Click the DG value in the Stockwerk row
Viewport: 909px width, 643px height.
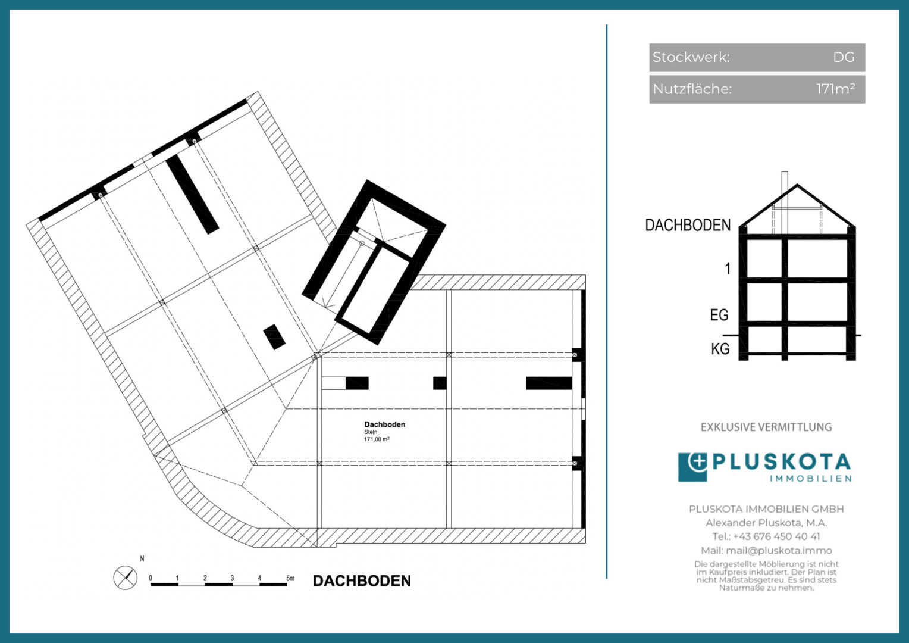844,57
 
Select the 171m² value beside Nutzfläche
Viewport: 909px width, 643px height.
836,89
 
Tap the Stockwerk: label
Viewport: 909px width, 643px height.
691,57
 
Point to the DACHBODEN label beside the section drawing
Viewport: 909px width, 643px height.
688,225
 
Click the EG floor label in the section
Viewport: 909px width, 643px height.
719,315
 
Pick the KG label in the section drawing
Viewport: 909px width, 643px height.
720,348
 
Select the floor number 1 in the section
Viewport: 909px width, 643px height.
728,269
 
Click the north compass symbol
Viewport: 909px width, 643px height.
126,577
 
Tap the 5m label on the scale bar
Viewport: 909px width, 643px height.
290,578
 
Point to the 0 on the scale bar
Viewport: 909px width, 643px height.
151,578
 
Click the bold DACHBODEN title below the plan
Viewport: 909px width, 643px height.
362,581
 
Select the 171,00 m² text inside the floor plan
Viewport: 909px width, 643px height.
377,439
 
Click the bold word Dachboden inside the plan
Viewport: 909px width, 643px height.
385,424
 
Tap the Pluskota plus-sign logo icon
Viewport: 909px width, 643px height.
692,467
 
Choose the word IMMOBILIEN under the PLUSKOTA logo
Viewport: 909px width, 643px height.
810,479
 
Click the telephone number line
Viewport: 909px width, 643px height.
766,536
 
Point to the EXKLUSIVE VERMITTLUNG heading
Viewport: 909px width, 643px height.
766,427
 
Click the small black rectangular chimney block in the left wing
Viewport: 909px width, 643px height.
274,337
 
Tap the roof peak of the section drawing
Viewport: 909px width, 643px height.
797,185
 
